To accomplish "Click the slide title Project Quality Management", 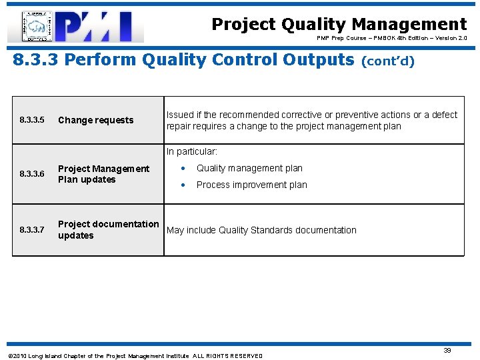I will click(x=339, y=25).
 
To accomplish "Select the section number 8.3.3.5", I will click(x=32, y=121).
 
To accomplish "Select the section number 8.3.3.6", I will click(x=32, y=174).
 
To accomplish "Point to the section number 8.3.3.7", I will click(x=32, y=230).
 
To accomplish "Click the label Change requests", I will click(x=95, y=121).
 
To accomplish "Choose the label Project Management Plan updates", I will click(x=103, y=174).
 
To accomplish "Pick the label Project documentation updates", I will click(x=108, y=229).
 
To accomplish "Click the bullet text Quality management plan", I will click(x=249, y=168).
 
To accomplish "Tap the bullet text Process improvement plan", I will click(x=251, y=185).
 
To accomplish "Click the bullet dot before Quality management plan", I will click(x=183, y=168).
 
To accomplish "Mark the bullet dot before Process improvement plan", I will click(x=183, y=185).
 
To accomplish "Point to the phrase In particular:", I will click(x=192, y=152).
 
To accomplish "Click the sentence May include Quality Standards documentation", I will click(x=261, y=230).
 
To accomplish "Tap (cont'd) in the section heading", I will click(x=387, y=61).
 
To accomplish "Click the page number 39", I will click(x=447, y=350).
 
